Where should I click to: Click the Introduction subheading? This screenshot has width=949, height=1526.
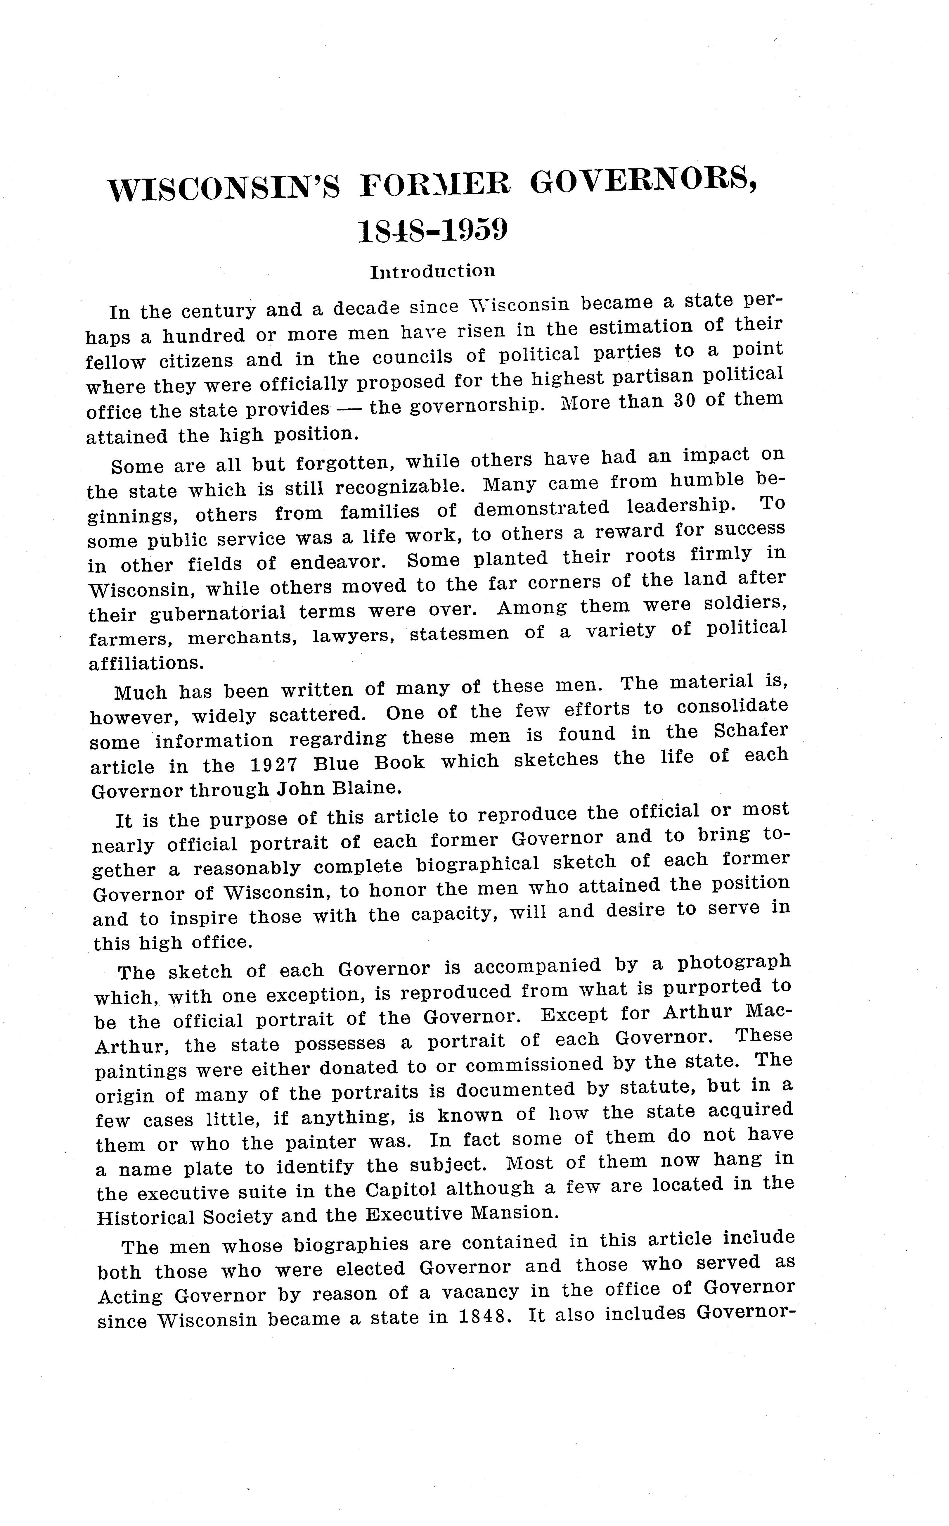(x=432, y=271)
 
